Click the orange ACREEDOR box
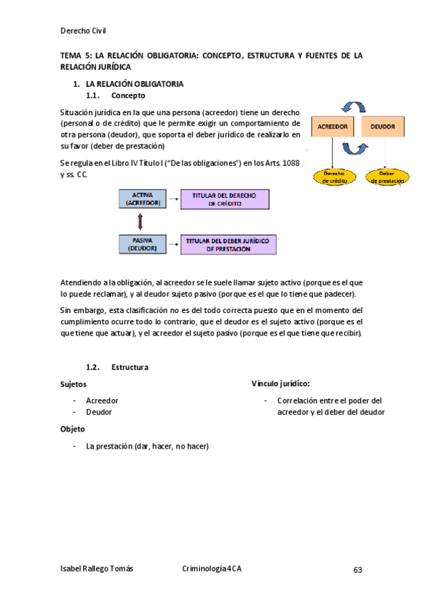(x=333, y=126)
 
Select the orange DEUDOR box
(x=383, y=126)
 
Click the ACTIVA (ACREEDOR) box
(x=143, y=198)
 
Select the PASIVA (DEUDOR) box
(x=143, y=244)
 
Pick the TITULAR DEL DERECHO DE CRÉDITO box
(x=225, y=198)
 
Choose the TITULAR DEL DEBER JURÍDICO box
(x=228, y=244)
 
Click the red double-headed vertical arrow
(x=141, y=222)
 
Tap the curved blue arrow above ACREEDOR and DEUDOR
(x=352, y=106)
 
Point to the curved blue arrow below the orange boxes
(x=355, y=149)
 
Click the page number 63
(x=357, y=569)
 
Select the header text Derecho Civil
(x=83, y=30)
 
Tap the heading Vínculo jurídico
(x=280, y=384)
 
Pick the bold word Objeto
(x=73, y=429)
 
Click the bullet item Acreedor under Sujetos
(x=102, y=401)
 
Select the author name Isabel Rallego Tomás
(x=97, y=569)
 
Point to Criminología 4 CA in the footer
(x=212, y=569)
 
